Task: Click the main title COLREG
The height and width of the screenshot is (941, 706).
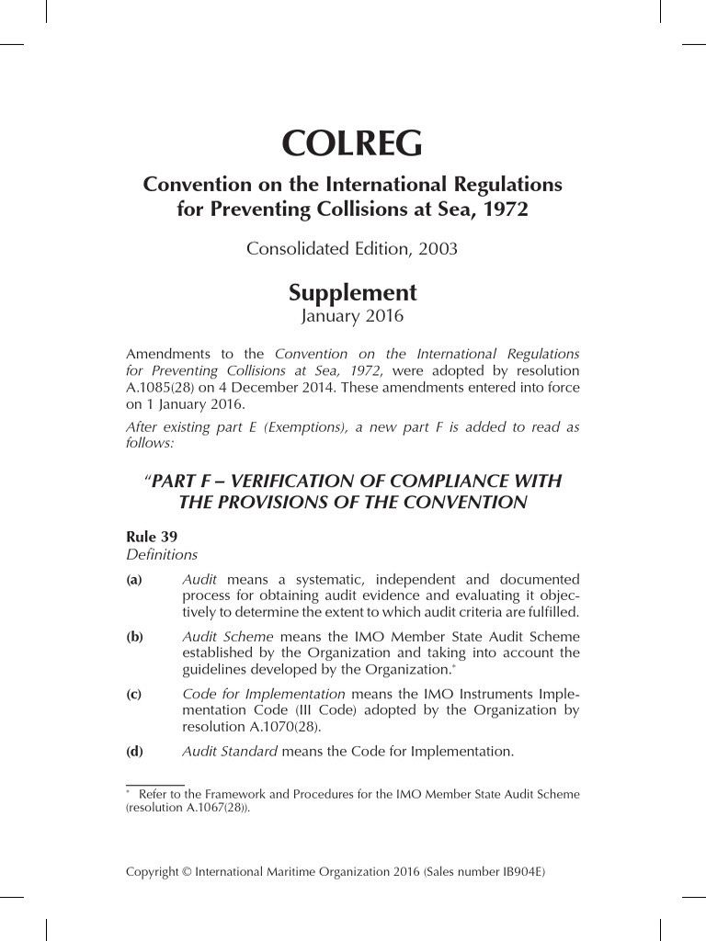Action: tap(352, 143)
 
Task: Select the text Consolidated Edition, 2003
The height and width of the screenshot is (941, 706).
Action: tap(352, 249)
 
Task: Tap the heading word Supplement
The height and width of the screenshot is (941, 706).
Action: tap(352, 293)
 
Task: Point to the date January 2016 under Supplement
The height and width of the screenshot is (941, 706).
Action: tap(352, 317)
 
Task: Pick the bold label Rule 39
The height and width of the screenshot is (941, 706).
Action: tap(152, 537)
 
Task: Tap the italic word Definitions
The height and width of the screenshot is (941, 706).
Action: tap(162, 554)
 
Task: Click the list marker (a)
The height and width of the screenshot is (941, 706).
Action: tap(134, 581)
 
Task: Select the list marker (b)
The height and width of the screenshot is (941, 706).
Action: tap(134, 636)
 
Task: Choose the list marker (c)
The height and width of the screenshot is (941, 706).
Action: tap(134, 695)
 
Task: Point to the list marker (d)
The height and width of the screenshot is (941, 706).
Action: tap(134, 752)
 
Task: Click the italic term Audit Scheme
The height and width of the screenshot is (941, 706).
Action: tap(228, 636)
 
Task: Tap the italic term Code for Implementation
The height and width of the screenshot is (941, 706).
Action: tap(264, 694)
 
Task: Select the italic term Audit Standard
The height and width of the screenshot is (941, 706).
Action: tap(230, 752)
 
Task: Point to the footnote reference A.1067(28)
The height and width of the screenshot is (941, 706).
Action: tap(214, 809)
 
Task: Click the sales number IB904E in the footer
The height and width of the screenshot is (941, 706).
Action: tap(519, 867)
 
